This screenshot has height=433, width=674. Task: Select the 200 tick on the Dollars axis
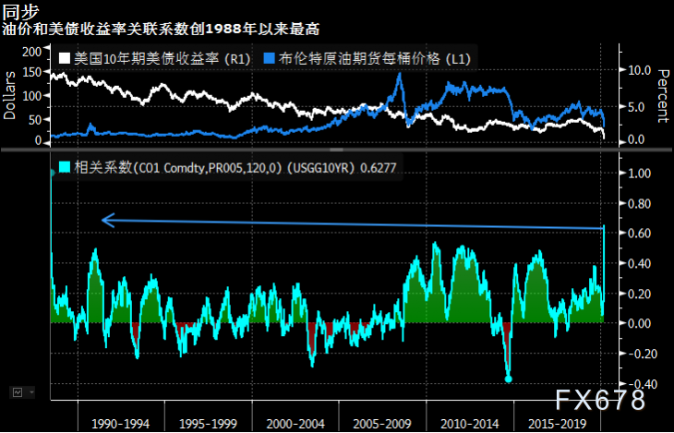[30, 51]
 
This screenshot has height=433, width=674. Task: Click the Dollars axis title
[10, 96]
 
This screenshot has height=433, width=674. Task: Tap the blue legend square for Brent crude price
[268, 58]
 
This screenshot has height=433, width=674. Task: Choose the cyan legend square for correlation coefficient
[65, 168]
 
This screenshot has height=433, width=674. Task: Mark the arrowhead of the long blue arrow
[104, 220]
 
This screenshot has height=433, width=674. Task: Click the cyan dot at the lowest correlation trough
[508, 379]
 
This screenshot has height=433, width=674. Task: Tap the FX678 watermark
[600, 401]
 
